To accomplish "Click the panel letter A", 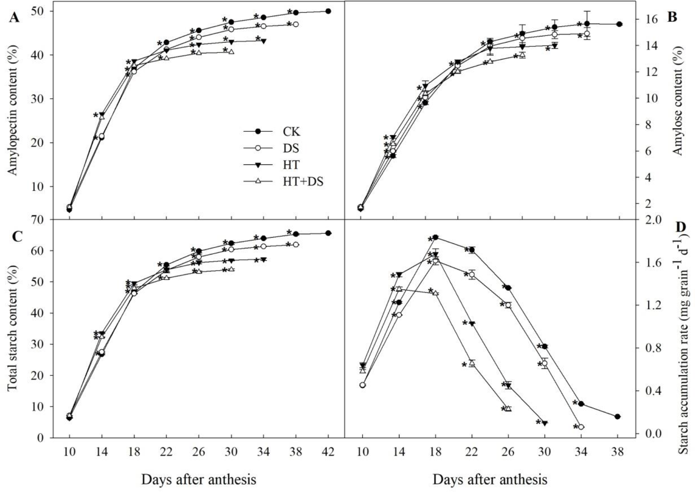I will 14,18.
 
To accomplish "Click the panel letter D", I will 680,227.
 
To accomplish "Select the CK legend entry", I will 292,131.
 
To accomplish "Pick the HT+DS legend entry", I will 303,182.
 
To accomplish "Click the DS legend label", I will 291,148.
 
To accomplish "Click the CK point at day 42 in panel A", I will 328,11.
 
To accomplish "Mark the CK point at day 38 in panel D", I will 618,417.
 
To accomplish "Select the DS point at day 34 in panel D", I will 581,427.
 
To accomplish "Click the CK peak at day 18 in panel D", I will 435,237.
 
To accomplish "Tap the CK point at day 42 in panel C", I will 328,233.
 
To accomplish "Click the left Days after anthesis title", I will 198,480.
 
